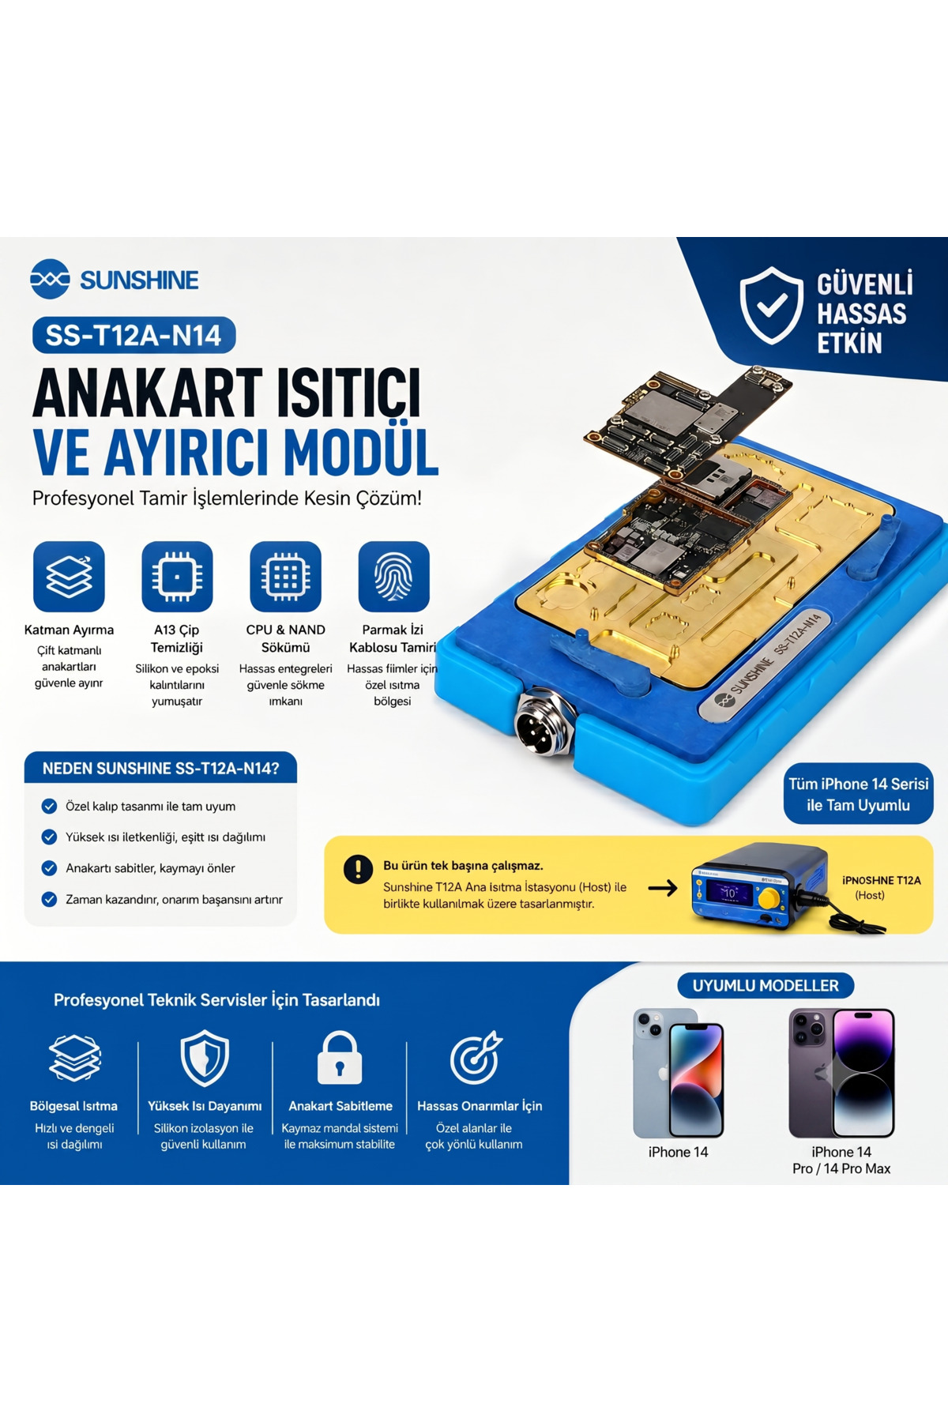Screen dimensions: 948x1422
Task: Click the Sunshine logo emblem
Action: (50, 279)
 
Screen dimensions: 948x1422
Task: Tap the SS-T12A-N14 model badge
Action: (134, 335)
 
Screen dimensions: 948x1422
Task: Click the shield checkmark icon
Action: (772, 305)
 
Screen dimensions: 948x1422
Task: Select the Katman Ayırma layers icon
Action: (69, 577)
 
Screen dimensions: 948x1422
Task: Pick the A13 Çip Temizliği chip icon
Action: (177, 577)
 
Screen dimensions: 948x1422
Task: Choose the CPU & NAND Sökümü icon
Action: (285, 577)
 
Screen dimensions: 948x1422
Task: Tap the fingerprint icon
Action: (393, 577)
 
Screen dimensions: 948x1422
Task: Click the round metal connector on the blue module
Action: (542, 725)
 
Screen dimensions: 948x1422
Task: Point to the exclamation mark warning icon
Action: (358, 869)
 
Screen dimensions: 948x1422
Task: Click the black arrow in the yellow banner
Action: (663, 888)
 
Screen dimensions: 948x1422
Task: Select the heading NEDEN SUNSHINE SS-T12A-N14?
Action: (160, 769)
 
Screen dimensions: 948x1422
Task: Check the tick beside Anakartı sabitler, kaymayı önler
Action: (49, 868)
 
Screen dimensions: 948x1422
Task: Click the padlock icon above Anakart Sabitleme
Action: (340, 1058)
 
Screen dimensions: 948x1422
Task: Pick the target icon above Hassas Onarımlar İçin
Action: (476, 1057)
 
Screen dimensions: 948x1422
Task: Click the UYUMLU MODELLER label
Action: (766, 986)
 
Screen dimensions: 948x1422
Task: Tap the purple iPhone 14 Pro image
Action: (841, 1073)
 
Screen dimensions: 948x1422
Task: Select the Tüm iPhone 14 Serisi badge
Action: (859, 795)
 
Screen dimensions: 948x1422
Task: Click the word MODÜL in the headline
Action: (361, 453)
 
